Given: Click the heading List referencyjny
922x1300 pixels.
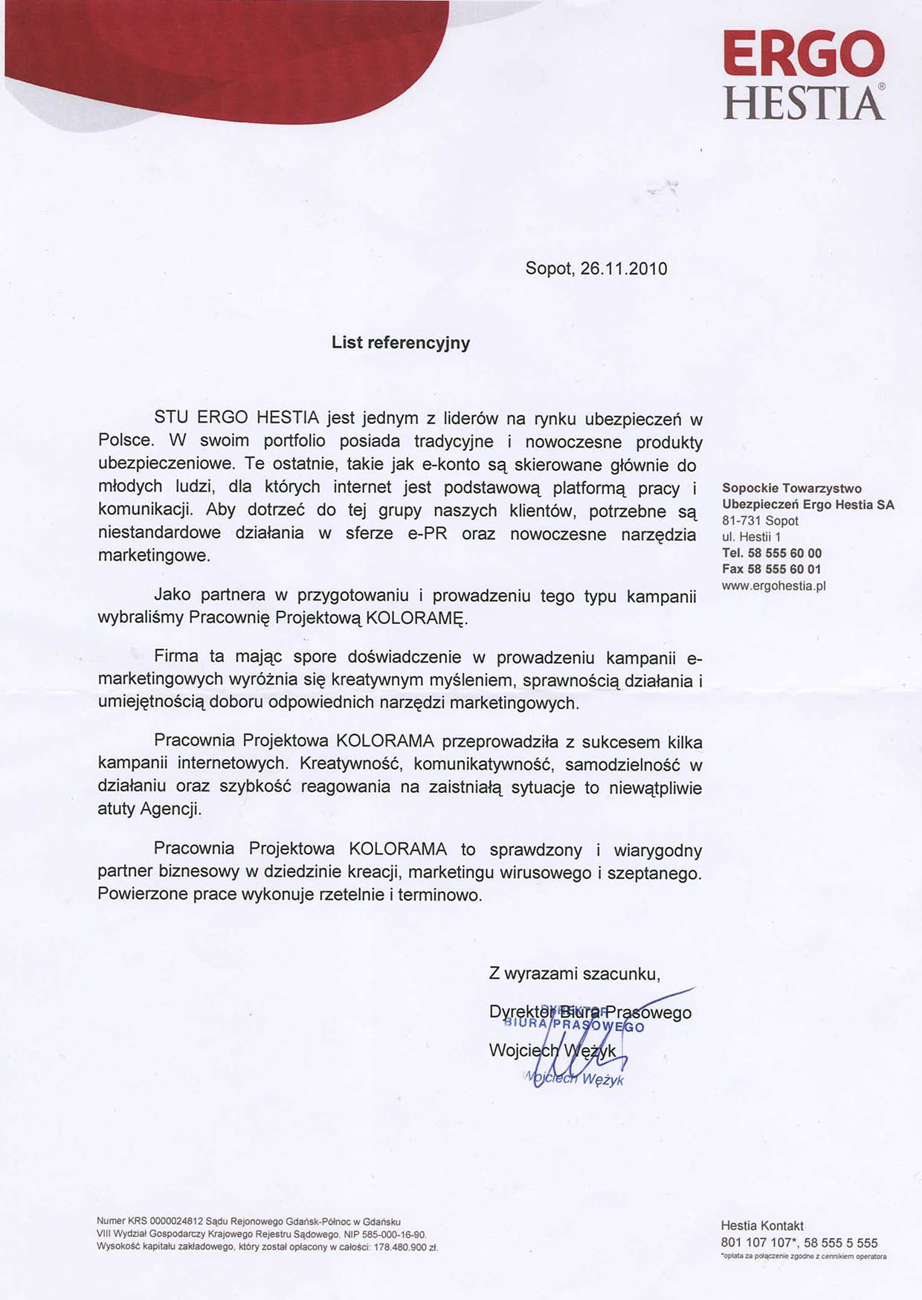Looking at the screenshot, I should point(401,343).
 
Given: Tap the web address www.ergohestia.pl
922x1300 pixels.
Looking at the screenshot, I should point(773,586).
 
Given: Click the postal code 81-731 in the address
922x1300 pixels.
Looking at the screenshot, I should point(741,521).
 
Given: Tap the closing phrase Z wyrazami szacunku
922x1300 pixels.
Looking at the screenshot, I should point(574,974).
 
